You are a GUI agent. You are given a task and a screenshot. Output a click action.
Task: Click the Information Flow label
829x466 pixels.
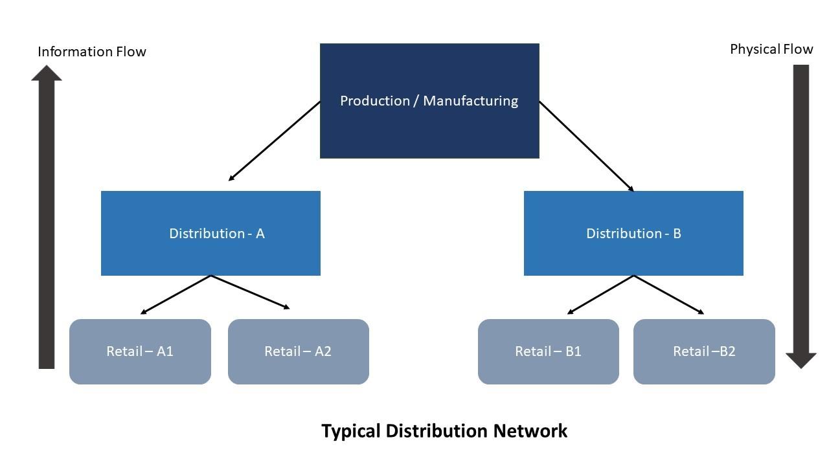click(92, 52)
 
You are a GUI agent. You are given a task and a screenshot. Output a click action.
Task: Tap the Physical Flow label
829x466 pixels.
click(771, 49)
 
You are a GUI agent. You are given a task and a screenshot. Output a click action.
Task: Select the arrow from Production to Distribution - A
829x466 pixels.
click(275, 141)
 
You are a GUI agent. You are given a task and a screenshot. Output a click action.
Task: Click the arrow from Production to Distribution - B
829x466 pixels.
click(586, 146)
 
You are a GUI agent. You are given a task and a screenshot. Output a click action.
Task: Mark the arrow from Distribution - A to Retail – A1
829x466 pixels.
click(176, 294)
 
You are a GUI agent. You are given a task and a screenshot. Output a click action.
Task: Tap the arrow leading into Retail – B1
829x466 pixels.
click(600, 294)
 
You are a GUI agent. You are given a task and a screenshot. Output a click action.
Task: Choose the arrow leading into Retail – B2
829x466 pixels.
click(668, 294)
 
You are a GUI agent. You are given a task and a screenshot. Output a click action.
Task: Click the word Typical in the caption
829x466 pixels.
click(350, 431)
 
